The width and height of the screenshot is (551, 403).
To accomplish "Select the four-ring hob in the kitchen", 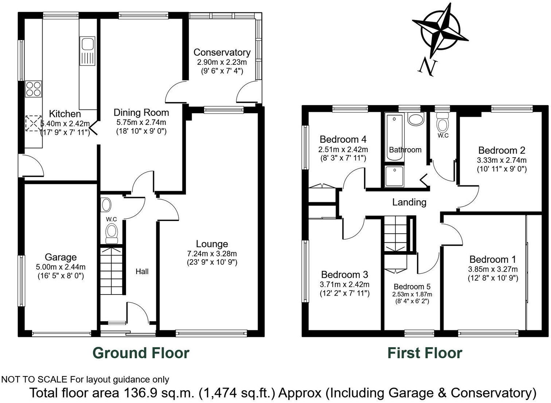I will pos(33,88).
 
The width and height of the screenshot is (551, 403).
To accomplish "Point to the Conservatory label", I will pos(222,52).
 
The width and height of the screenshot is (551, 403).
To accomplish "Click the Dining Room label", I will pos(141,112).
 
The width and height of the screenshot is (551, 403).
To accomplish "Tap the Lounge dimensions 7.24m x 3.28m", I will pos(212,254).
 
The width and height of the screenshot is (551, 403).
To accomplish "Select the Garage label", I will pos(60,257).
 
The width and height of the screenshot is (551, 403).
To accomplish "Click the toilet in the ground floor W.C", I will pos(112,232).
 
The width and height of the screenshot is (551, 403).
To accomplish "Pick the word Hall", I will pos(142,272).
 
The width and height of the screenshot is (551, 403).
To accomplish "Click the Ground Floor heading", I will pos(141,353).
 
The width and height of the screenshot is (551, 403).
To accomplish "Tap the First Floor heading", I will pos(425,353).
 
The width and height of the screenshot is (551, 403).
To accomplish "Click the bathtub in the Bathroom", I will pos(394,137).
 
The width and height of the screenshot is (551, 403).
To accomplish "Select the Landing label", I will pos(409,202).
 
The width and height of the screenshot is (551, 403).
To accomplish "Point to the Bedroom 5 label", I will pos(412,287).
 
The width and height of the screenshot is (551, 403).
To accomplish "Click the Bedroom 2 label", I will pos(501,150).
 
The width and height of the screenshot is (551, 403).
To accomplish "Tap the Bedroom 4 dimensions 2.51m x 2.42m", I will pos(343,150).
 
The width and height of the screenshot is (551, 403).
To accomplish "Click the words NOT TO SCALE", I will pos(34,380).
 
